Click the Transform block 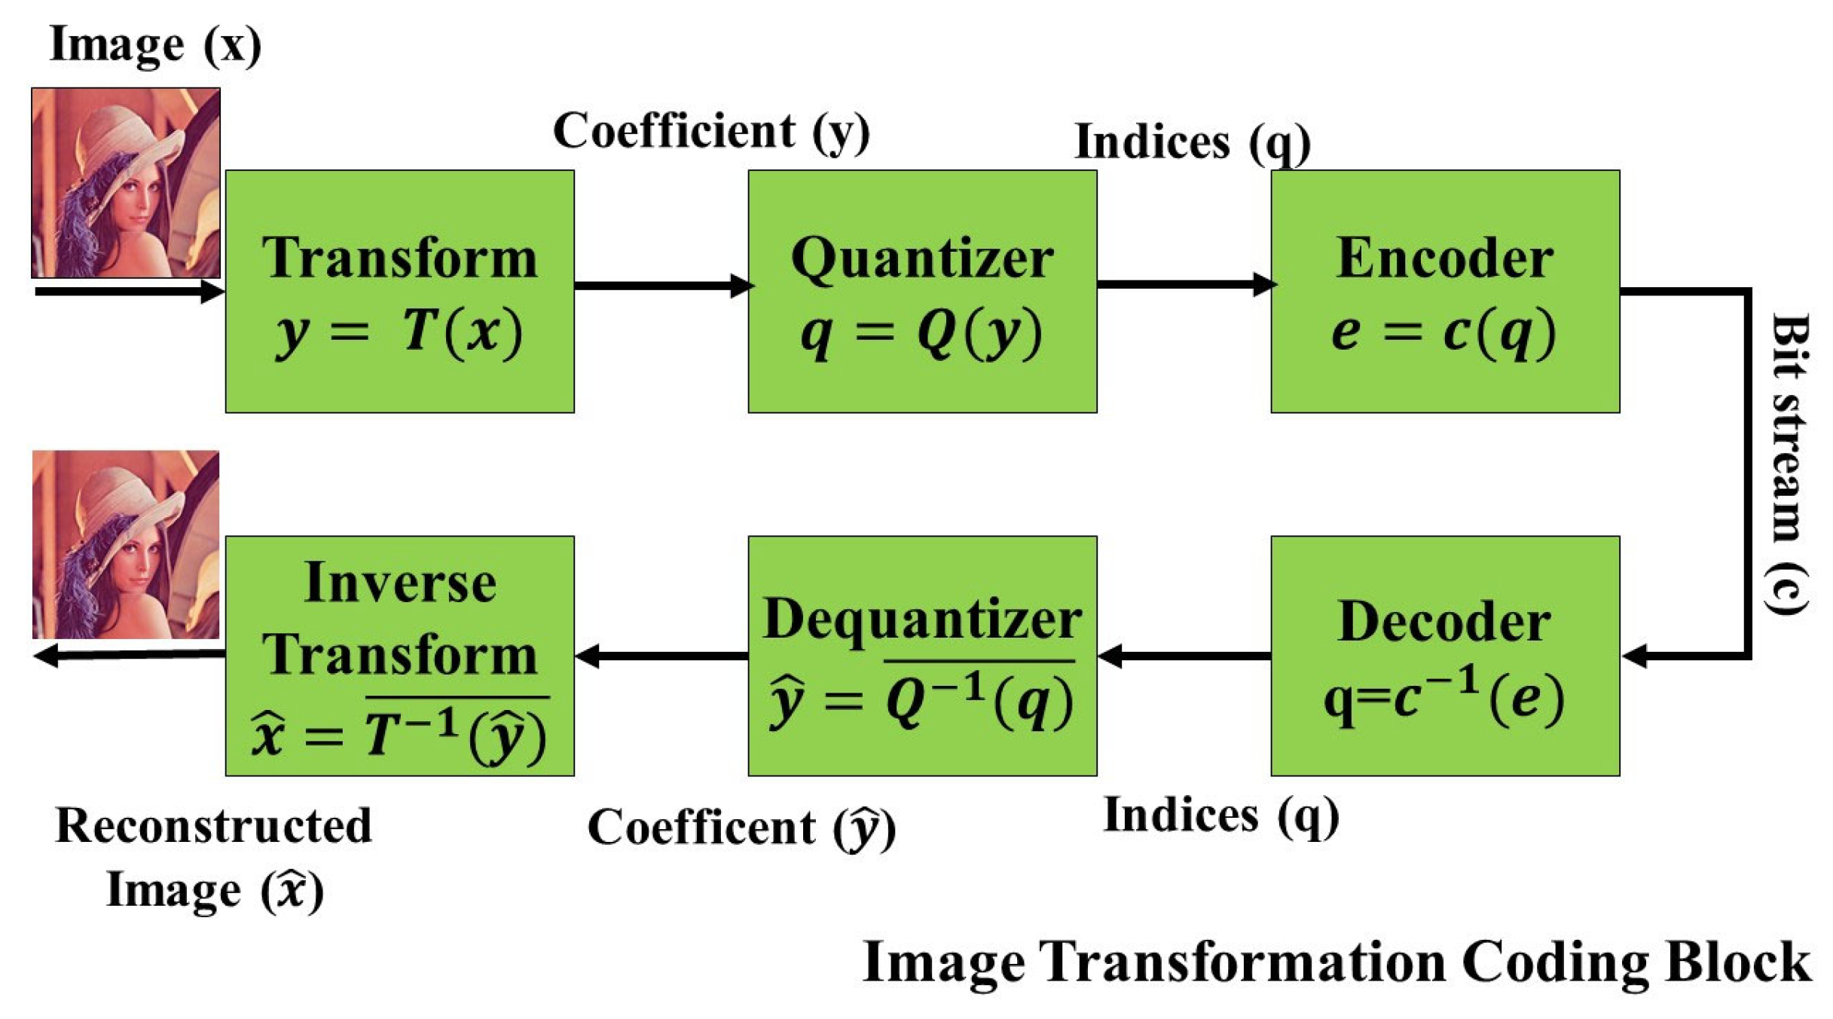[x=399, y=291]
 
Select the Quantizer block [x=921, y=291]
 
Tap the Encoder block [x=1444, y=291]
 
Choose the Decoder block [x=1444, y=655]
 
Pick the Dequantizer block [x=921, y=655]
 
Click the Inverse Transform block [x=399, y=655]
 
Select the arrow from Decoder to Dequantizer [x=1184, y=656]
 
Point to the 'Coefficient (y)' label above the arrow [x=711, y=131]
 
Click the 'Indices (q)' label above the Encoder [x=1192, y=142]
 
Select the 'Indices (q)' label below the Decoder [x=1220, y=816]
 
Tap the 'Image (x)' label [x=155, y=44]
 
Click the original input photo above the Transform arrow [x=126, y=182]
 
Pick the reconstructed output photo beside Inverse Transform [x=126, y=544]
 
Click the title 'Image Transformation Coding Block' [x=1336, y=962]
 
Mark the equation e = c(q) [x=1443, y=332]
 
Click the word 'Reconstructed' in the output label [x=214, y=825]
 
